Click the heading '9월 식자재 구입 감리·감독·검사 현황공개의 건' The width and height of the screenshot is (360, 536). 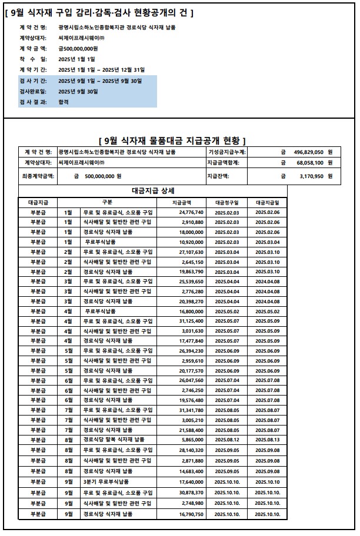point(99,12)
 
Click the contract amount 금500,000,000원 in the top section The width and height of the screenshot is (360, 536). point(78,48)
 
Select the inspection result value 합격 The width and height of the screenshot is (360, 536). point(64,102)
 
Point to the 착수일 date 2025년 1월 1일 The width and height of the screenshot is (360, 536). point(76,59)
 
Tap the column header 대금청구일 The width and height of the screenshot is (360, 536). point(226,202)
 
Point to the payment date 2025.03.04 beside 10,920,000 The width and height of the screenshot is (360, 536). point(267,242)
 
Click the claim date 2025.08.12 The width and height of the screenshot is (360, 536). point(227,439)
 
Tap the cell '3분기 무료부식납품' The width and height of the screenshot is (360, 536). point(106,481)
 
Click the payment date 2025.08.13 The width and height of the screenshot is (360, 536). point(267,439)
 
